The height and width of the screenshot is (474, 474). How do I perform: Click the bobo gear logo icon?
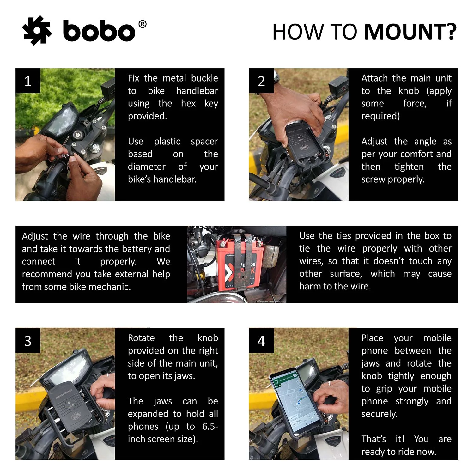(37, 30)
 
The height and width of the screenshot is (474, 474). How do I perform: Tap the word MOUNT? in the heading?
(410, 32)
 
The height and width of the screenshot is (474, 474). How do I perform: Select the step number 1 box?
(28, 81)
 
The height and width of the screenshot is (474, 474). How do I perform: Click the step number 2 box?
(261, 81)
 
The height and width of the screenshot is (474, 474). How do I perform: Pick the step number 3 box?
(28, 341)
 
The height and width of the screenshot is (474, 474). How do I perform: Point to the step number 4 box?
(261, 341)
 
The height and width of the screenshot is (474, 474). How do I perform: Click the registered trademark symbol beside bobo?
(143, 24)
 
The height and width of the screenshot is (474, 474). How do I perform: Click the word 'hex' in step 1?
(188, 103)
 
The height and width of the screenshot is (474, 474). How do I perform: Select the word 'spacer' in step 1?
(204, 142)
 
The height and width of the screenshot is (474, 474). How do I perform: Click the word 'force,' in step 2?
(415, 104)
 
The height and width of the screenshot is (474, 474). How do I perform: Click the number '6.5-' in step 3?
(210, 426)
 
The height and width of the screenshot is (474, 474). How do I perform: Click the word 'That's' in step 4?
(374, 439)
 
